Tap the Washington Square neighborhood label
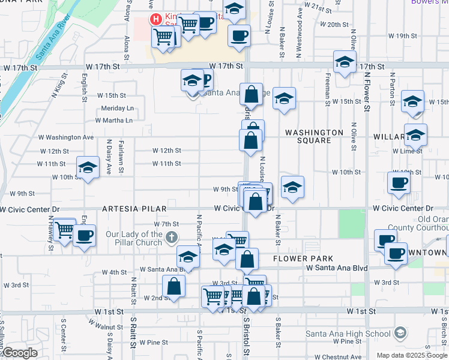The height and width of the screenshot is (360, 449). [x=314, y=136]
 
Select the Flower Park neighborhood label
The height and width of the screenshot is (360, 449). [x=298, y=259]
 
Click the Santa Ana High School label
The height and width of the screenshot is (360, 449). [x=348, y=334]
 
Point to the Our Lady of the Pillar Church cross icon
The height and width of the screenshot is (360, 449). [x=172, y=238]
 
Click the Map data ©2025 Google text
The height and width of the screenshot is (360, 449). [x=412, y=355]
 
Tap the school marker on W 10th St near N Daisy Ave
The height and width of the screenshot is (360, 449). [x=88, y=167]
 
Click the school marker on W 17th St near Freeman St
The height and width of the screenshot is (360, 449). [x=345, y=62]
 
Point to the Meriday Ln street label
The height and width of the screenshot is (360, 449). [x=117, y=108]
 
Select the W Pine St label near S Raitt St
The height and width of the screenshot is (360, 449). [x=154, y=342]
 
